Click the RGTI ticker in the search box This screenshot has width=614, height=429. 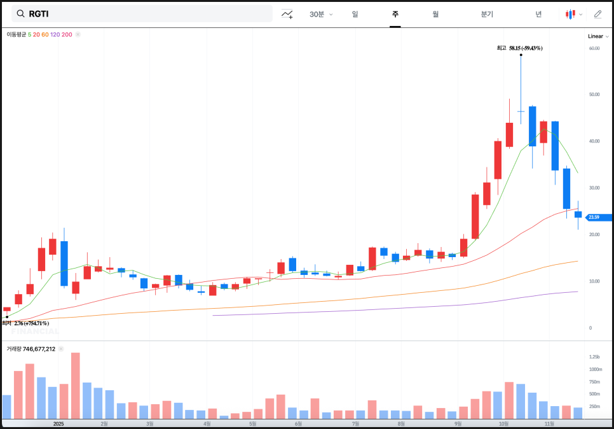tap(39, 14)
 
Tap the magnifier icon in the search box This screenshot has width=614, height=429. tap(21, 14)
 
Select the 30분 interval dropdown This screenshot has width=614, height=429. tap(320, 14)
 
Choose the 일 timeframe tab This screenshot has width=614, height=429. tap(355, 14)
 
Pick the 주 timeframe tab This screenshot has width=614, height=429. tap(395, 14)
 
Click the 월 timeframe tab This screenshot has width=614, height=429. tap(435, 14)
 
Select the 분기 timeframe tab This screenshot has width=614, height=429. tap(487, 14)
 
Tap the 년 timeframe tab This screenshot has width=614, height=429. tap(538, 14)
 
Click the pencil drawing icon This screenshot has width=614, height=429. tap(597, 14)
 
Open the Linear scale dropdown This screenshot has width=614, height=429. tap(598, 36)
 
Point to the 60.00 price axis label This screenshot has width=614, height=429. tap(594, 48)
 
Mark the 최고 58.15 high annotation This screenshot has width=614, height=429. tap(519, 48)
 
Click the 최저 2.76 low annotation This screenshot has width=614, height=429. tap(25, 323)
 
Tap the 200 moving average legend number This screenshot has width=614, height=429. tap(67, 34)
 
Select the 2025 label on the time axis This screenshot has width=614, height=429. tap(58, 423)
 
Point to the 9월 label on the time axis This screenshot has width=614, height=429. tap(458, 423)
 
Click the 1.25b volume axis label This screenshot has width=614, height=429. tap(594, 357)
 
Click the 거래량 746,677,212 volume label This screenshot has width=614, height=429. tap(31, 349)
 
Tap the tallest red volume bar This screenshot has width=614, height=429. tap(76, 386)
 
